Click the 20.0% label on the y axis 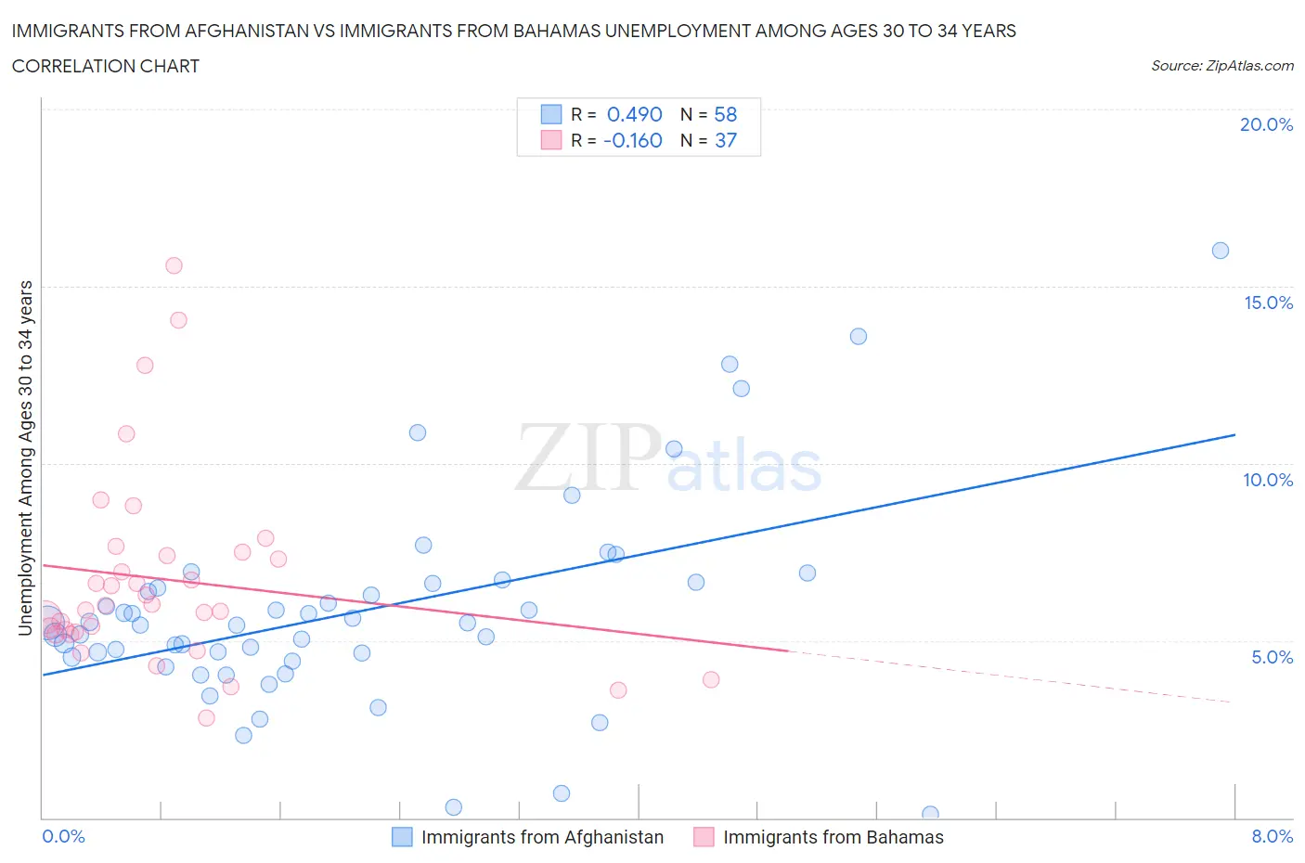1266,124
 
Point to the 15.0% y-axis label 1268,303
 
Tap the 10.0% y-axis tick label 1268,480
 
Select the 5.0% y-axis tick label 1272,657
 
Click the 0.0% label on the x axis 64,836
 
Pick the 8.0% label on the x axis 1272,836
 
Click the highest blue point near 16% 1221,251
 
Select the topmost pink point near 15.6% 174,265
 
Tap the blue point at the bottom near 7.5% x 930,814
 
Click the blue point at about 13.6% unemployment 859,336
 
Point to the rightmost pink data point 711,679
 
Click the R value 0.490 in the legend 634,114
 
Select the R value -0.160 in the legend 632,140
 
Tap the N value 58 725,114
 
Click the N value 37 725,140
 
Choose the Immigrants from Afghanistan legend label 542,837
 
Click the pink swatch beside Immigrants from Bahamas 704,837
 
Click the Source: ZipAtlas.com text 1221,65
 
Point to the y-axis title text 25,458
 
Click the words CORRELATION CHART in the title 106,66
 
